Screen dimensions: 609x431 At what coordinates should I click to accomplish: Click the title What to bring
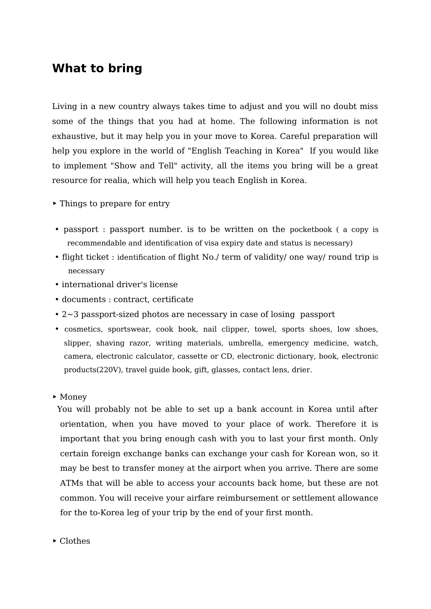[x=97, y=68]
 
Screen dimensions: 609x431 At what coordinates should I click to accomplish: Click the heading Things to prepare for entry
[x=115, y=203]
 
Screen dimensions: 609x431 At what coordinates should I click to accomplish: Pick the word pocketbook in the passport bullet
[x=311, y=230]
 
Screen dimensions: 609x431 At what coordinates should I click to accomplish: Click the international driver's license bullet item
[x=119, y=285]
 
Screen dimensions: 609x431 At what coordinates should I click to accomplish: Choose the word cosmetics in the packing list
[x=83, y=329]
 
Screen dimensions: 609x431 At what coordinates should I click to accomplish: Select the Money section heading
[x=73, y=397]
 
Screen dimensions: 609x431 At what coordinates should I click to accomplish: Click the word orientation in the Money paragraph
[x=82, y=424]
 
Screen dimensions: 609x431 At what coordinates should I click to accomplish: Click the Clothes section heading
[x=75, y=541]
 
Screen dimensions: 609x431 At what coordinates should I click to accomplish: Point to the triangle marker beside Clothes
[x=55, y=541]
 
